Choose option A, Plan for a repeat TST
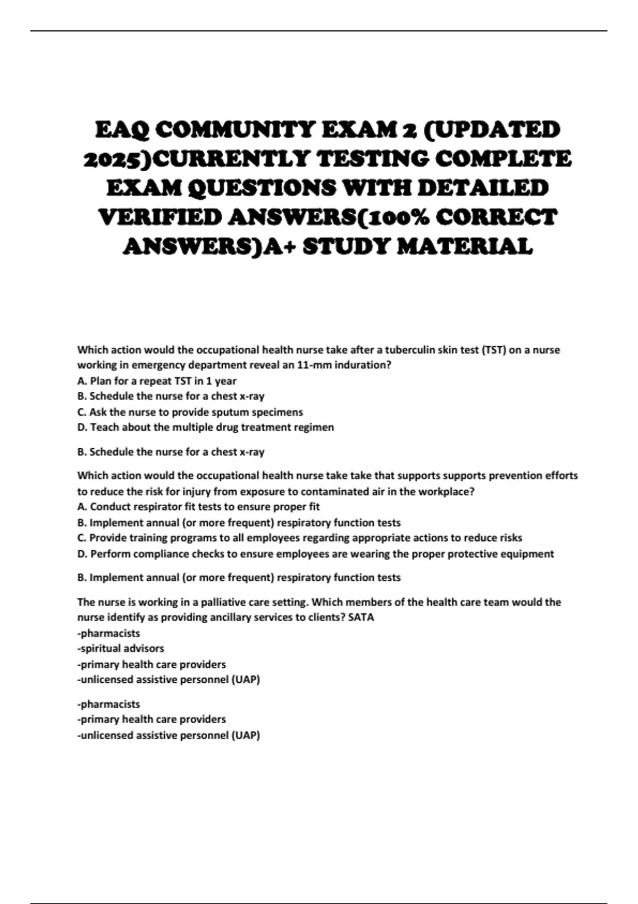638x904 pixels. coord(157,381)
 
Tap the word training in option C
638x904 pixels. coord(148,538)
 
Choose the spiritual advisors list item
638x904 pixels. coord(121,648)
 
